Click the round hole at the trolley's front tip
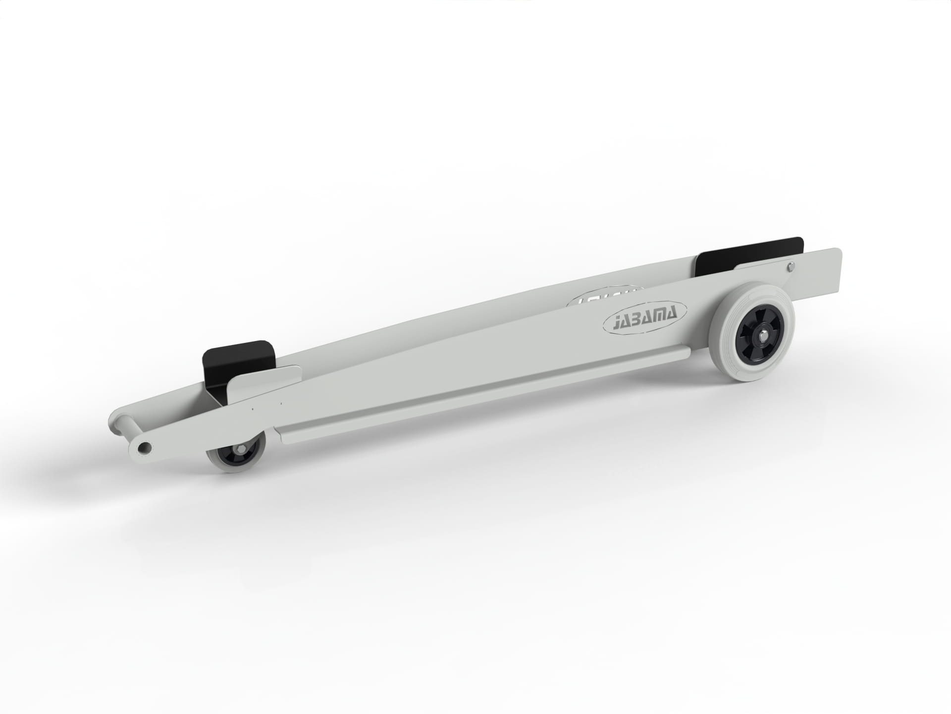click(144, 448)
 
